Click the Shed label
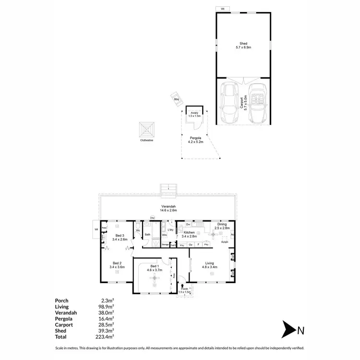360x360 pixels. tap(244, 45)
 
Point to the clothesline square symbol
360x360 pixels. tap(147, 130)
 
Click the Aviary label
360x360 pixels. tap(194, 114)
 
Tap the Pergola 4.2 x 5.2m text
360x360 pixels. tap(194, 140)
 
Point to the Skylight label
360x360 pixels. tap(224, 242)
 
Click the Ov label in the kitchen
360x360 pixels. tap(191, 245)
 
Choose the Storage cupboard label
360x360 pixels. tap(165, 245)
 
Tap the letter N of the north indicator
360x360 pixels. tap(301, 330)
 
